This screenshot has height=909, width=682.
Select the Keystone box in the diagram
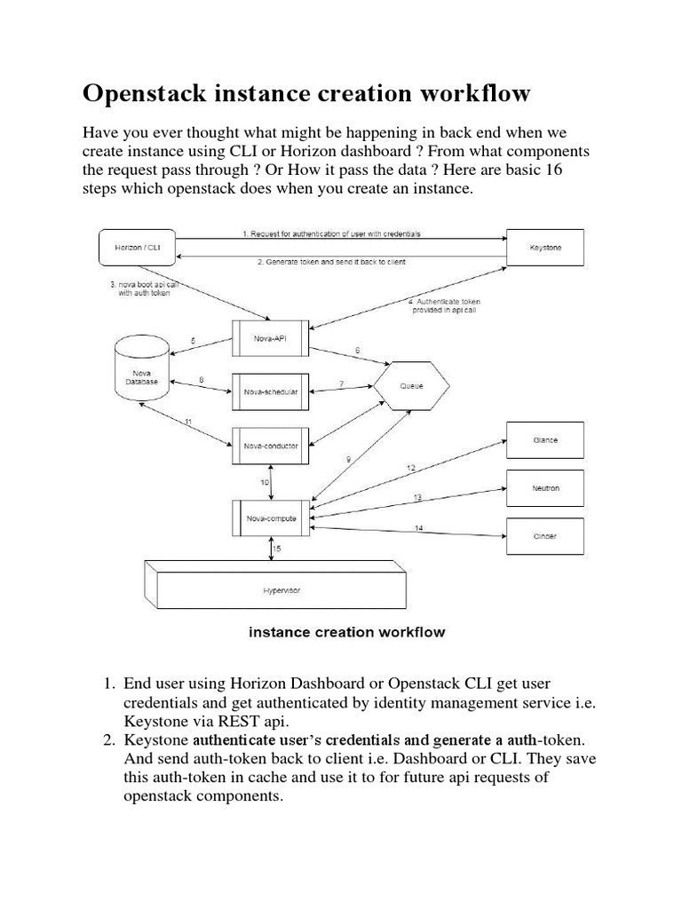[545, 249]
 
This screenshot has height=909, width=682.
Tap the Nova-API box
[272, 338]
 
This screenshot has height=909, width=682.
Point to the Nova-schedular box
[272, 391]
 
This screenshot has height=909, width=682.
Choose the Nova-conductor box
[272, 446]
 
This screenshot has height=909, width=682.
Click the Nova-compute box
[272, 518]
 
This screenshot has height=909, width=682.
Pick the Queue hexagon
[410, 386]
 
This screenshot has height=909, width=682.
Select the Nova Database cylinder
[140, 376]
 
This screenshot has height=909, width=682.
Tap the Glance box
[545, 440]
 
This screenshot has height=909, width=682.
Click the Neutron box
[545, 488]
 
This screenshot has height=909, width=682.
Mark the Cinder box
[545, 536]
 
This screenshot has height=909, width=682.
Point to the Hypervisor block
[275, 587]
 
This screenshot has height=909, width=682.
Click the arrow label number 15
[277, 549]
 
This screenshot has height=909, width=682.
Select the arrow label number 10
[265, 482]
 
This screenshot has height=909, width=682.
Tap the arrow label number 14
[418, 529]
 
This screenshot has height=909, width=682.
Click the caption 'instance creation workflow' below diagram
[346, 633]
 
